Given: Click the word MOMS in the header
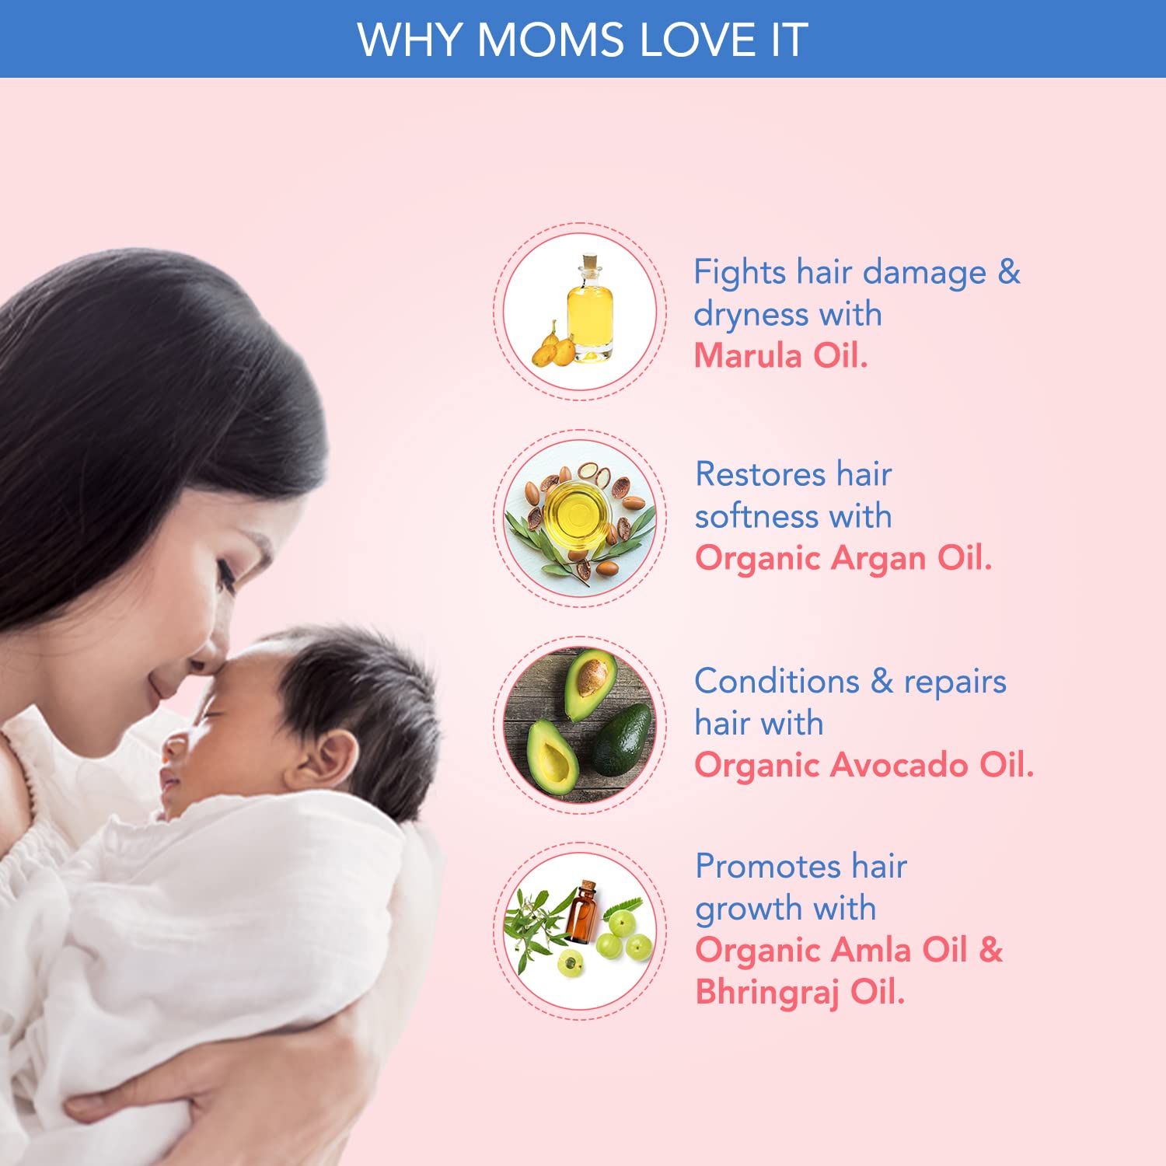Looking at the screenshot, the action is pos(550,40).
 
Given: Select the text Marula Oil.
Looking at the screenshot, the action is pos(780,355).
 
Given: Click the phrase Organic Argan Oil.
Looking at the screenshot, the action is pos(843,558).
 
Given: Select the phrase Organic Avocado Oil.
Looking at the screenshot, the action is pos(864,766).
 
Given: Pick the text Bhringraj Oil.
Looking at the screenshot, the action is pos(800,993).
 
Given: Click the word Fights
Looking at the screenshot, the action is pos(740,273).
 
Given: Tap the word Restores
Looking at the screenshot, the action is pos(760,474).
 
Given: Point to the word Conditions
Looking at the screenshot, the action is pos(777,681).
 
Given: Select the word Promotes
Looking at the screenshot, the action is pos(768,866).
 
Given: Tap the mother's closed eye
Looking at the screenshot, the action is pos(225,576).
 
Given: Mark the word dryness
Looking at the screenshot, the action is pos(751,315).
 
